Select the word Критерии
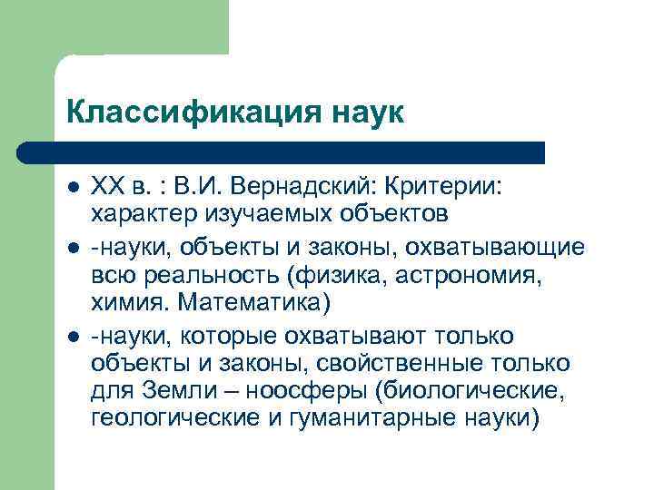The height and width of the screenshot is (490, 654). [451, 187]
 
